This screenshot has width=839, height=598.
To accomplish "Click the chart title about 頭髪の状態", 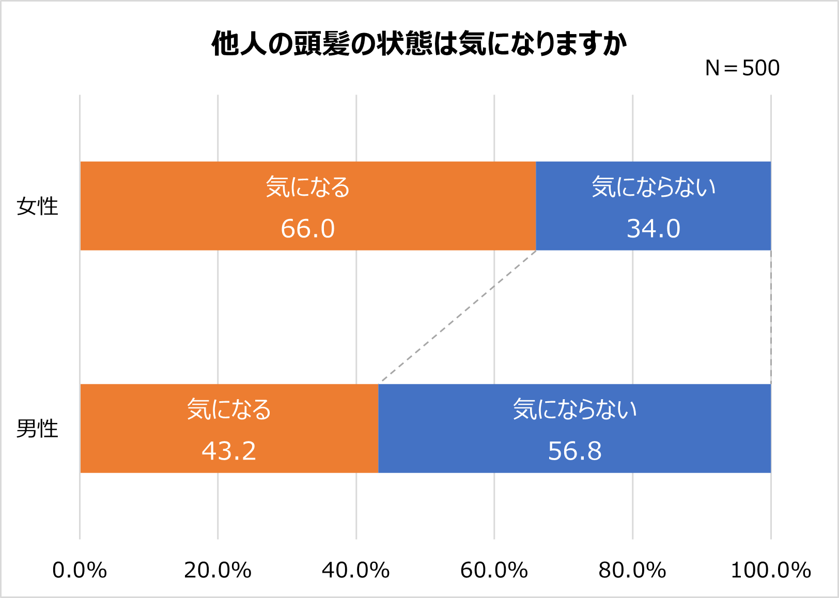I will [x=419, y=43].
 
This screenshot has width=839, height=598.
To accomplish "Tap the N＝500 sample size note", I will [x=742, y=68].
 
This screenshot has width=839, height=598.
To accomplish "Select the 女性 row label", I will [x=37, y=207].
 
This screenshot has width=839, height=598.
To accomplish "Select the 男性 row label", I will [x=37, y=429].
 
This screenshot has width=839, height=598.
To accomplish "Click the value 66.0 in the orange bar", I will [x=308, y=229].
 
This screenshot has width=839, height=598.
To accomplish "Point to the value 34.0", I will [x=654, y=229].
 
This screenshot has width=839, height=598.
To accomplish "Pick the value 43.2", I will [x=229, y=451].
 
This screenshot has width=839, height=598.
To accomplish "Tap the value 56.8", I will [x=574, y=451].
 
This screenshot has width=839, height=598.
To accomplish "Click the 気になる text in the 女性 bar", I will [x=308, y=187].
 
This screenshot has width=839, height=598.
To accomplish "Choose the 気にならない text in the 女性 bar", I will [x=654, y=187].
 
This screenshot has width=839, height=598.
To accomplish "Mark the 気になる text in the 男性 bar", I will [x=229, y=410].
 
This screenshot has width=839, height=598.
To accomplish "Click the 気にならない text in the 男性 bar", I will [x=574, y=410].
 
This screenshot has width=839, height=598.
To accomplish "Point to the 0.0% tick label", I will [x=80, y=571].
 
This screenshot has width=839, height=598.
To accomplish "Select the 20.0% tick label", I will [x=217, y=571].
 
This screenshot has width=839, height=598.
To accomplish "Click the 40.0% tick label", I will [x=355, y=571].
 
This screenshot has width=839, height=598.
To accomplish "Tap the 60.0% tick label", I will [x=494, y=571].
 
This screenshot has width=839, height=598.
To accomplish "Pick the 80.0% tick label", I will [x=632, y=571].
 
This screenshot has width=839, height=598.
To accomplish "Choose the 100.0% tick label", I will [x=770, y=571].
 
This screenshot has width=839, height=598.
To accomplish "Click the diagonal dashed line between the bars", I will [x=458, y=317].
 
